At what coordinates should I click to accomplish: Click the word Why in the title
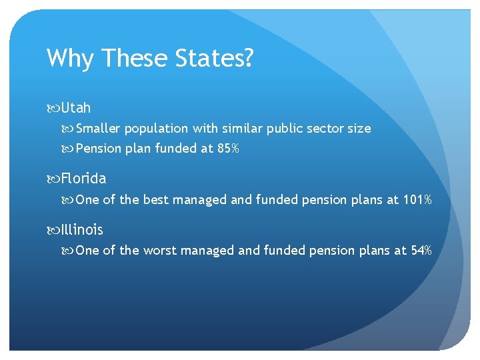(x=69, y=59)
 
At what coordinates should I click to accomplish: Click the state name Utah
(x=75, y=107)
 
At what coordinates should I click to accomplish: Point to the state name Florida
(x=83, y=179)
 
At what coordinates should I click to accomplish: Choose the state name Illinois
(x=82, y=230)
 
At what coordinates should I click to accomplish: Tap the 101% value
(x=417, y=199)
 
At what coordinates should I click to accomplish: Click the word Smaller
(x=99, y=128)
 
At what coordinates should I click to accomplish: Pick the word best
(x=156, y=199)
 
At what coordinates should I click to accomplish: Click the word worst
(x=161, y=251)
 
